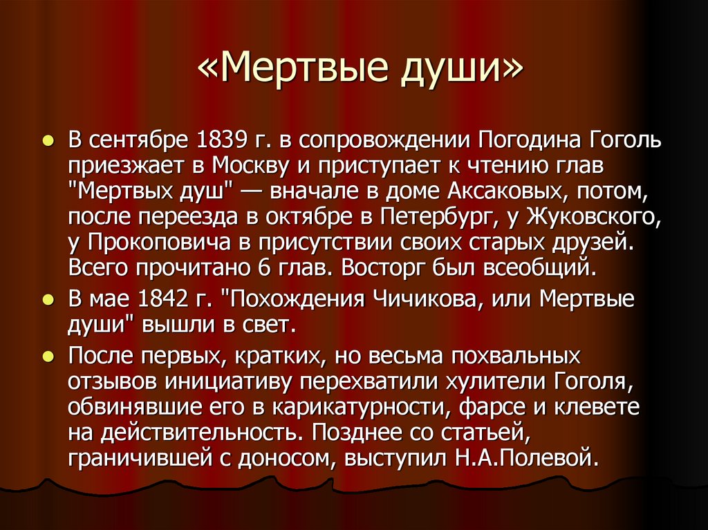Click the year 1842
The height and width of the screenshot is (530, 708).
click(167, 300)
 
